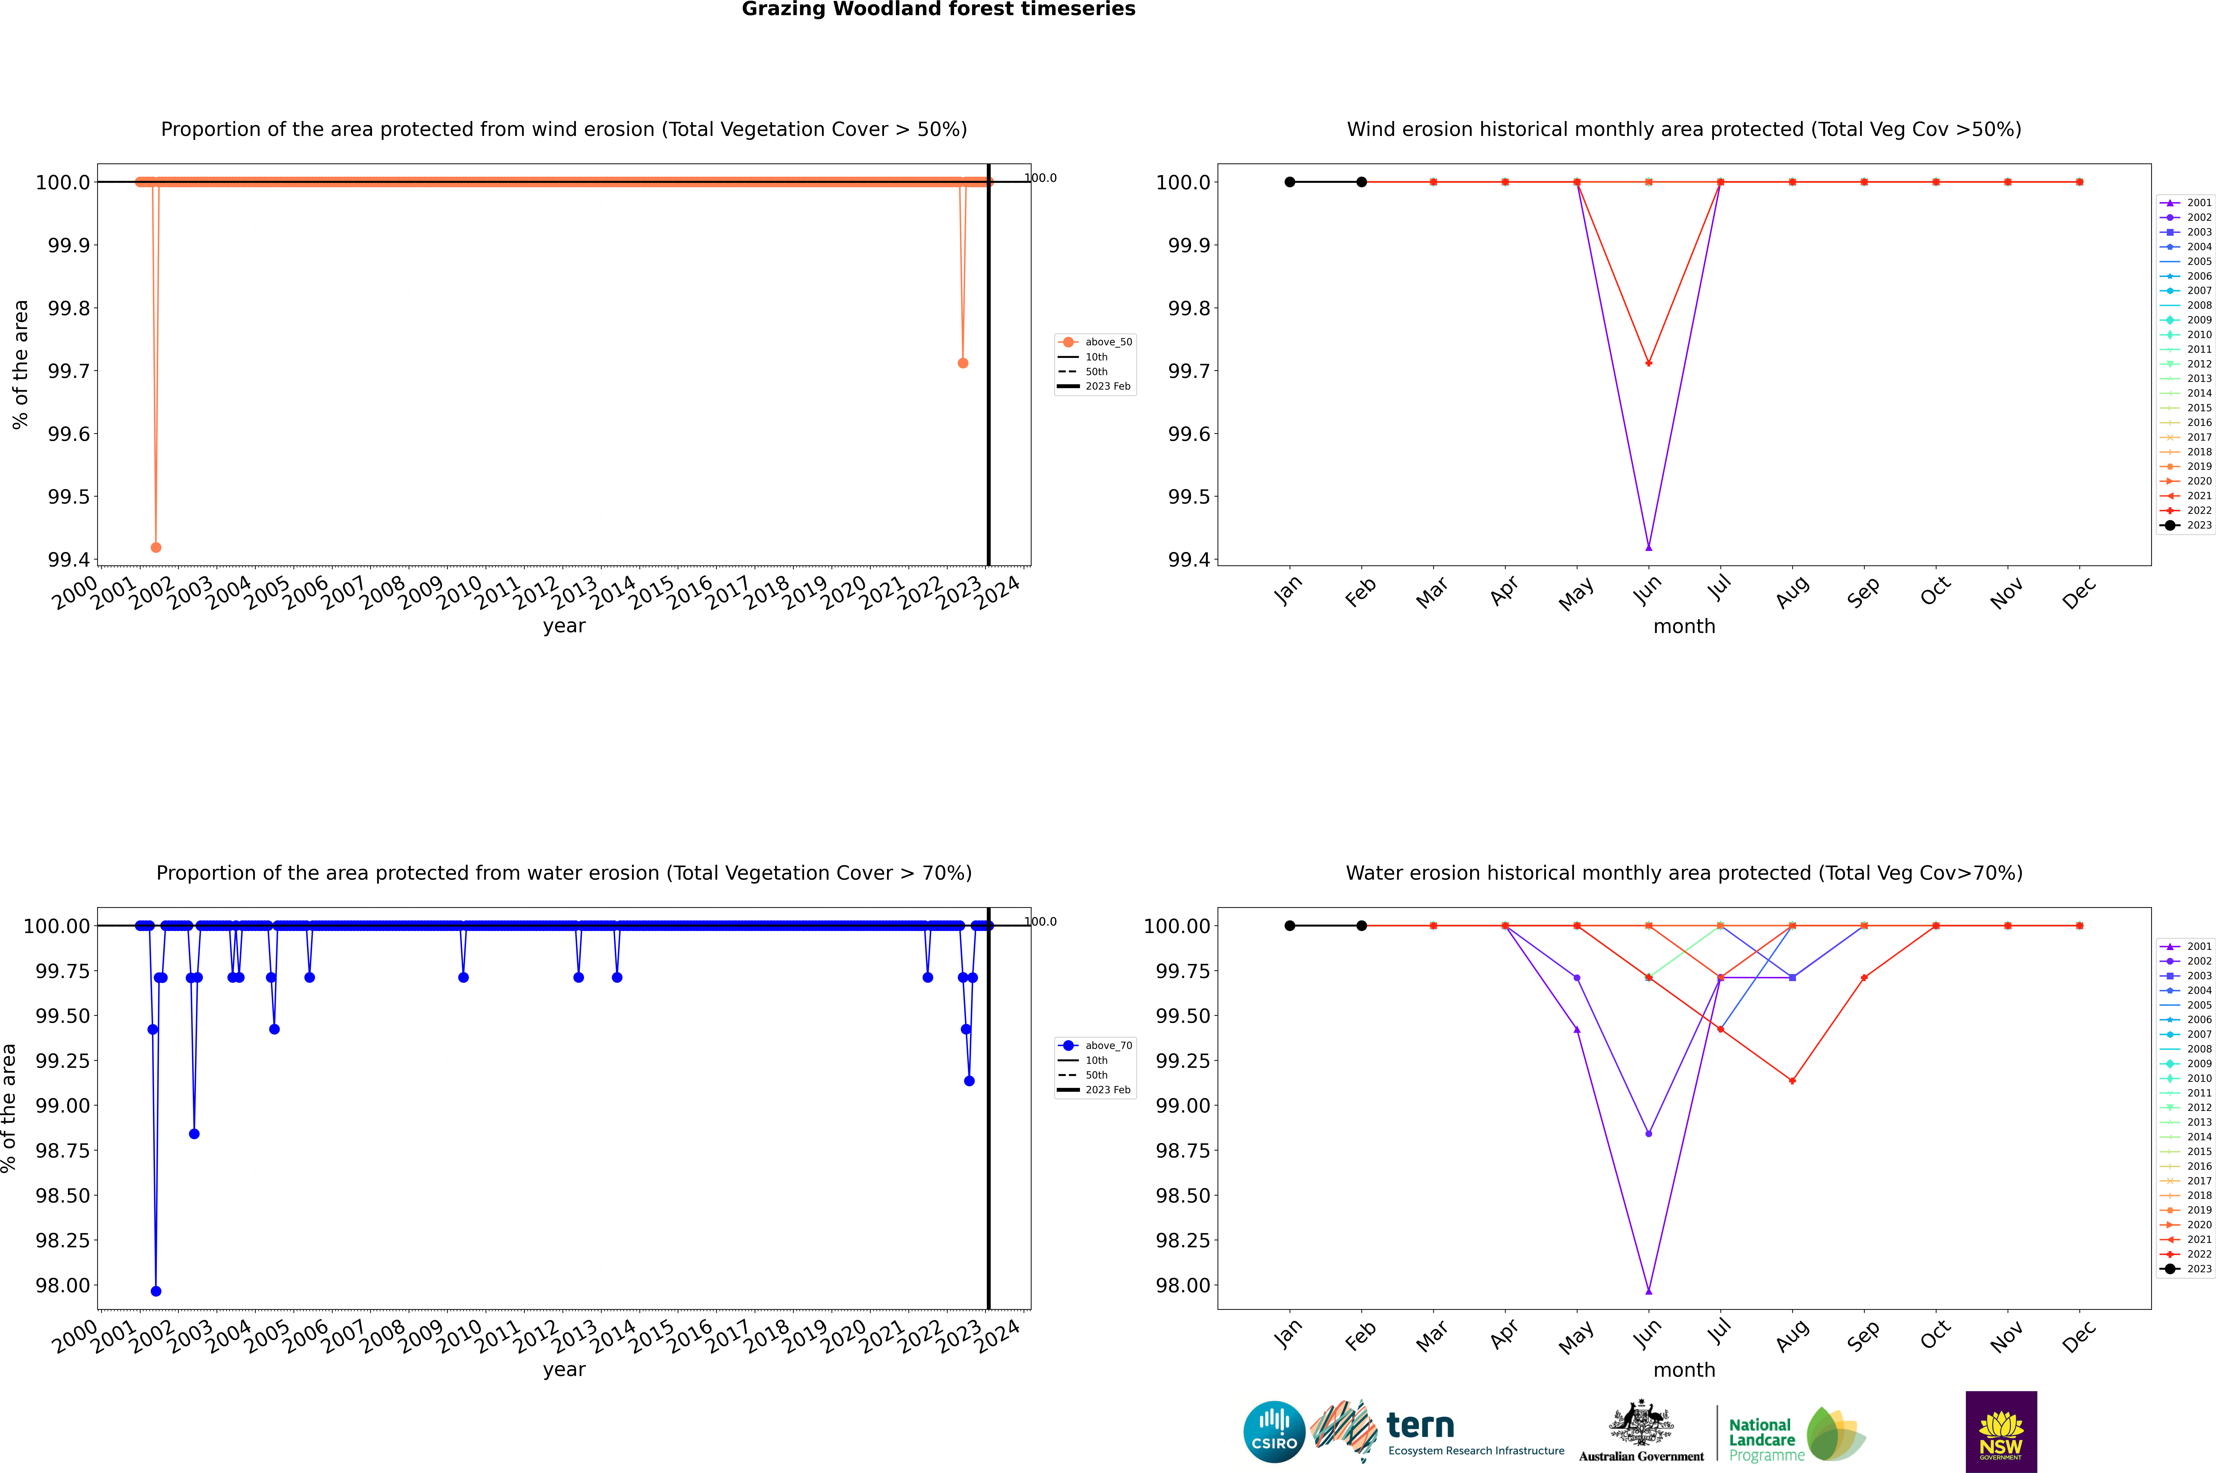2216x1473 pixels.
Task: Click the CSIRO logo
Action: [1274, 1432]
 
